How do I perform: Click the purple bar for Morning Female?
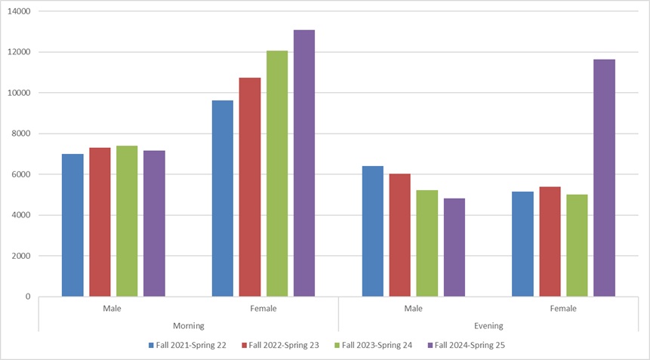[x=304, y=163]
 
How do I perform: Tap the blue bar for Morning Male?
[x=72, y=225]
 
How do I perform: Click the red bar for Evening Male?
[x=399, y=235]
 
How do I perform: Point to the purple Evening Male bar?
[x=454, y=247]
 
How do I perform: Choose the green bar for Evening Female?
[x=577, y=245]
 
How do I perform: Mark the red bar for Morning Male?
[x=100, y=222]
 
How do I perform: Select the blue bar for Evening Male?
[x=372, y=231]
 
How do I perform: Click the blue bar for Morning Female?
[x=223, y=198]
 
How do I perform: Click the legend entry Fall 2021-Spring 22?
[x=193, y=345]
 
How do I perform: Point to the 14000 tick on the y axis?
[x=18, y=12]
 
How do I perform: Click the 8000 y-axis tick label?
[x=20, y=134]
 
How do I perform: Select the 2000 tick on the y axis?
[x=20, y=256]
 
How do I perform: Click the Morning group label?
[x=188, y=325]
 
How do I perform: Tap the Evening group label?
[x=488, y=325]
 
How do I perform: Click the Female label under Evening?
[x=563, y=309]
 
